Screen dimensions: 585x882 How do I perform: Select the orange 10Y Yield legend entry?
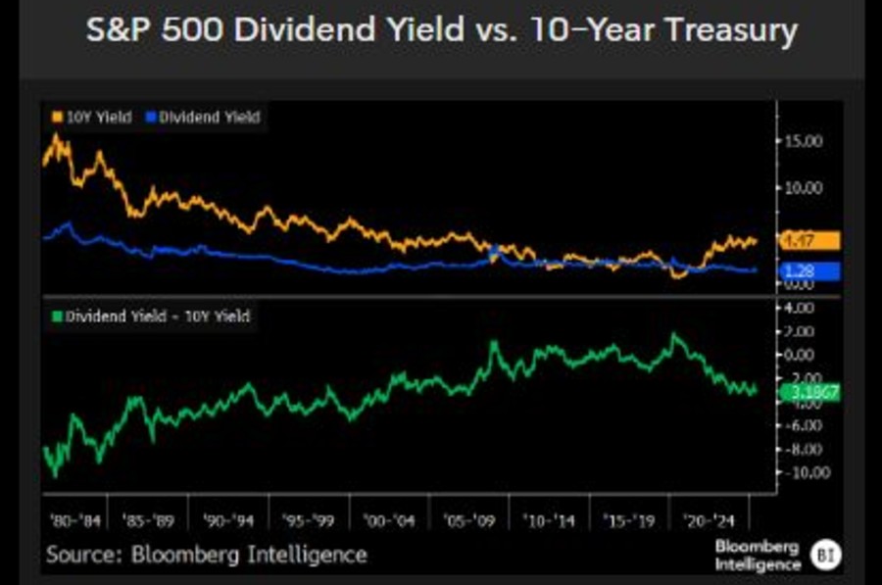click(89, 117)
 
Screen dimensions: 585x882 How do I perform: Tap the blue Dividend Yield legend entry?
click(203, 117)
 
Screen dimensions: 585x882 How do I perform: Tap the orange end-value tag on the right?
click(809, 241)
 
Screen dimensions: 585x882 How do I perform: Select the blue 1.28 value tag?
click(809, 271)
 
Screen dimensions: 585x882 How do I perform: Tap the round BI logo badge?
click(823, 556)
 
